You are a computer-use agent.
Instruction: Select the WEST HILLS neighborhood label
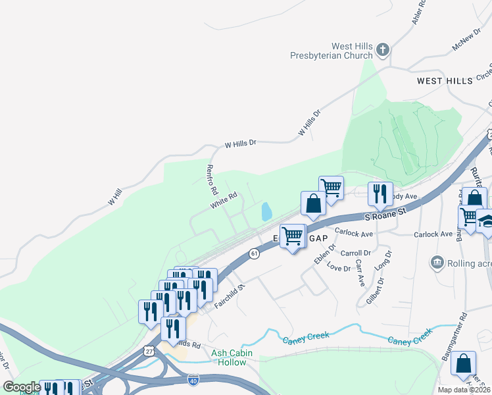pos(445,80)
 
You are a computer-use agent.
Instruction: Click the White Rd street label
pos(223,201)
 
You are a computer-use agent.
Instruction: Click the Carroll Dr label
pos(356,252)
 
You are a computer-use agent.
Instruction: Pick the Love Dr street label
pos(339,268)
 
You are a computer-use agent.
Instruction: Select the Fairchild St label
pos(231,288)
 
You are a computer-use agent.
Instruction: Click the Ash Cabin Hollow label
pos(232,357)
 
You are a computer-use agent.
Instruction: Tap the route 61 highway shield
pos(255,253)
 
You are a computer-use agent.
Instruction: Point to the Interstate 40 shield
pos(193,380)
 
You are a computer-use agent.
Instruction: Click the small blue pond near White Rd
pos(266,212)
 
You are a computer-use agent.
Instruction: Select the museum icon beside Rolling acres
pos(436,264)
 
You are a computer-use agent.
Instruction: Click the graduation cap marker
pos(487,221)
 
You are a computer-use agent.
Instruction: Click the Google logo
pos(21,387)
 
